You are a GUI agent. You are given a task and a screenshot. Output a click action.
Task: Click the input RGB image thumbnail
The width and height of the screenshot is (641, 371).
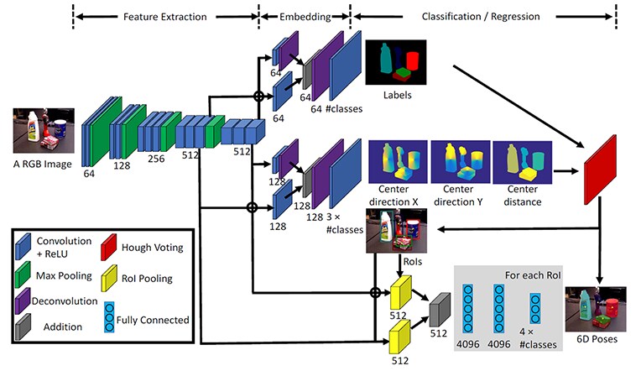pyautogui.click(x=44, y=130)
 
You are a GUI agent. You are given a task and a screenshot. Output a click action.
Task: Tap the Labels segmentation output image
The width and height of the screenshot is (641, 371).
pyautogui.click(x=396, y=62)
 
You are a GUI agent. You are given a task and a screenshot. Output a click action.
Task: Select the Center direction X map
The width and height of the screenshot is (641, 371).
pyautogui.click(x=399, y=162)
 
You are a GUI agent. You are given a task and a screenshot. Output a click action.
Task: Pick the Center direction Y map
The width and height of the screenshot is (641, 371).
pyautogui.click(x=461, y=162)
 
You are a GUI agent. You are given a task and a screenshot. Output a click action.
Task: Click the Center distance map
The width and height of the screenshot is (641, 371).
pyautogui.click(x=523, y=162)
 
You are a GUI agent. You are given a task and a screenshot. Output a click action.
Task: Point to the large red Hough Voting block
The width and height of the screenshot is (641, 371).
pyautogui.click(x=600, y=170)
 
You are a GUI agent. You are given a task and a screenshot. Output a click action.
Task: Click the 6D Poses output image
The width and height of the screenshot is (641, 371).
pyautogui.click(x=596, y=309)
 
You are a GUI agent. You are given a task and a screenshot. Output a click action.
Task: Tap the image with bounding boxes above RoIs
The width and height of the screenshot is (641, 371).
pyautogui.click(x=396, y=231)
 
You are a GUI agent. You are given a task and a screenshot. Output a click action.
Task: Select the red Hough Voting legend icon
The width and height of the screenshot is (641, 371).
pyautogui.click(x=109, y=247)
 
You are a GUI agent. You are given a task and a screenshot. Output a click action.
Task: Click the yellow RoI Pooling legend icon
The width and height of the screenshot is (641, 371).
pyautogui.click(x=109, y=278)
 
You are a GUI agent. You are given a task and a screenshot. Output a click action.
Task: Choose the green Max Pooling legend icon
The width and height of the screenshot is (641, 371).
pyautogui.click(x=23, y=274)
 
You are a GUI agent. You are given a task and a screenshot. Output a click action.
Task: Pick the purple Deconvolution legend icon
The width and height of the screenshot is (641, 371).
pyautogui.click(x=23, y=300)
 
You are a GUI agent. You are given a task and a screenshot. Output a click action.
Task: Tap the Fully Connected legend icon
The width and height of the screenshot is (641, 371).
pyautogui.click(x=109, y=317)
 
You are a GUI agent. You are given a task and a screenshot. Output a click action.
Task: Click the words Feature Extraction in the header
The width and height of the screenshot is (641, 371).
pyautogui.click(x=165, y=17)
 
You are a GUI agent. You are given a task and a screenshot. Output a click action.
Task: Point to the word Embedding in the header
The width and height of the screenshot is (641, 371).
pyautogui.click(x=305, y=17)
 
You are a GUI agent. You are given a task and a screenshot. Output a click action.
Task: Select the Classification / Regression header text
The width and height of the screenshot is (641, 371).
pyautogui.click(x=481, y=16)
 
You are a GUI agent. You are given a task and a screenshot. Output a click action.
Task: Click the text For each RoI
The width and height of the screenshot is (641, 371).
pyautogui.click(x=533, y=275)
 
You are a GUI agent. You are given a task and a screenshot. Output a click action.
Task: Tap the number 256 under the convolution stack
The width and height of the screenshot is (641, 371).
pyautogui.click(x=156, y=159)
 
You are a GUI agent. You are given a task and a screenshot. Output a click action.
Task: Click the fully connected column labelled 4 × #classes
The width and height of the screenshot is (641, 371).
pyautogui.click(x=535, y=308)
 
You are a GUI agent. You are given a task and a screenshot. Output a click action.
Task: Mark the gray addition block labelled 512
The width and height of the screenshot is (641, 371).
pyautogui.click(x=440, y=310)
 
